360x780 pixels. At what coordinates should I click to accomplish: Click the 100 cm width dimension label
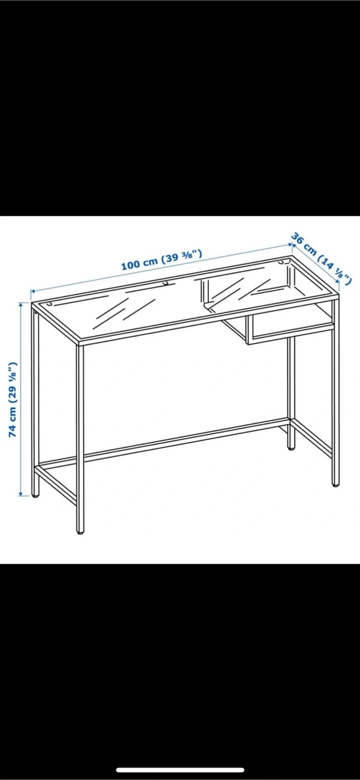(x=161, y=260)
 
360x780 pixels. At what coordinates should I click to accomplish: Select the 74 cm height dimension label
(x=12, y=399)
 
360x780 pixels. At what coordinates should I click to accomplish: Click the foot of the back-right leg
(x=291, y=447)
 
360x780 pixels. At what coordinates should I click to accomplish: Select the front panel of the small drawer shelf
(x=290, y=329)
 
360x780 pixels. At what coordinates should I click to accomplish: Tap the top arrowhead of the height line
(x=21, y=304)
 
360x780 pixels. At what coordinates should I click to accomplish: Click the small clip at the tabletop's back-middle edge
(x=168, y=283)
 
